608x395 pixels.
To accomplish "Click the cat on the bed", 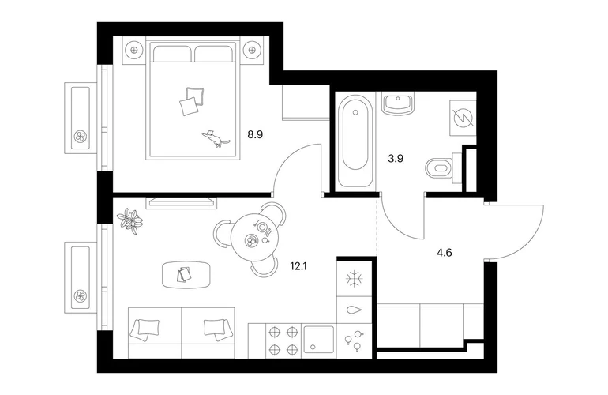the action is pos(216,138).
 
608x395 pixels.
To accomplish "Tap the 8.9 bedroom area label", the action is pos(255,134).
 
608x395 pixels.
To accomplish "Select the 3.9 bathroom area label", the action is pos(396,158).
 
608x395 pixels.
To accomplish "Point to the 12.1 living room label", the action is pos(298,266).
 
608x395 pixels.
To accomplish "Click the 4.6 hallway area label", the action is pos(445,253).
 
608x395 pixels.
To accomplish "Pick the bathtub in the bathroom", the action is pos(355,141).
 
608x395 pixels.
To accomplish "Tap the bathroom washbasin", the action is pos(397,103).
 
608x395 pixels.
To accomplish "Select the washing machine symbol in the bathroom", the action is pos(463,118).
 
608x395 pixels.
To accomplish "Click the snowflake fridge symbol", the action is pos(355,279).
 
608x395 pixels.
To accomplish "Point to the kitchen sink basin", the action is pos(319,339).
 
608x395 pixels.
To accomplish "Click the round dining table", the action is pos(255,237).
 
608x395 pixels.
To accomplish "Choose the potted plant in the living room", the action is pos(130,221).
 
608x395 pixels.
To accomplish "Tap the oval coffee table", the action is pos(187,274).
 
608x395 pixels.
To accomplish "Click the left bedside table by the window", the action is pos(134,50).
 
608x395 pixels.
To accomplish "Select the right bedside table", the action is pos(252,50).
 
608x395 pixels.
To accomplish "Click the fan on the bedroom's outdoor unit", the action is pos(81,136).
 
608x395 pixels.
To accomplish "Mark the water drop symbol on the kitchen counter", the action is pos(355,310).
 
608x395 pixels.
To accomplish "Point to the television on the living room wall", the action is pos(181,202).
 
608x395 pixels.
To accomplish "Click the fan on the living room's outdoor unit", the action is pos(81,296).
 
